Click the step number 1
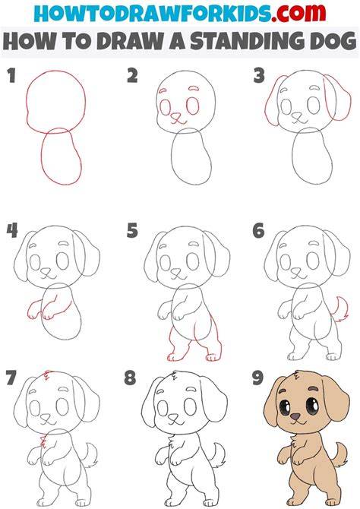[x=11, y=75]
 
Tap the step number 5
[x=132, y=231]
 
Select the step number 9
[x=258, y=378]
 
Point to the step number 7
[x=11, y=378]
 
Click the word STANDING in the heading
[x=248, y=41]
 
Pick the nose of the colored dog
[x=295, y=416]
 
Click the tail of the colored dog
[x=340, y=455]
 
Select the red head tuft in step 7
[x=47, y=375]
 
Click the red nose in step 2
[x=175, y=116]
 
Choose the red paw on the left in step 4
[x=33, y=311]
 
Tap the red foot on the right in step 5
[x=213, y=357]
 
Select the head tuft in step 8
[x=175, y=375]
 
